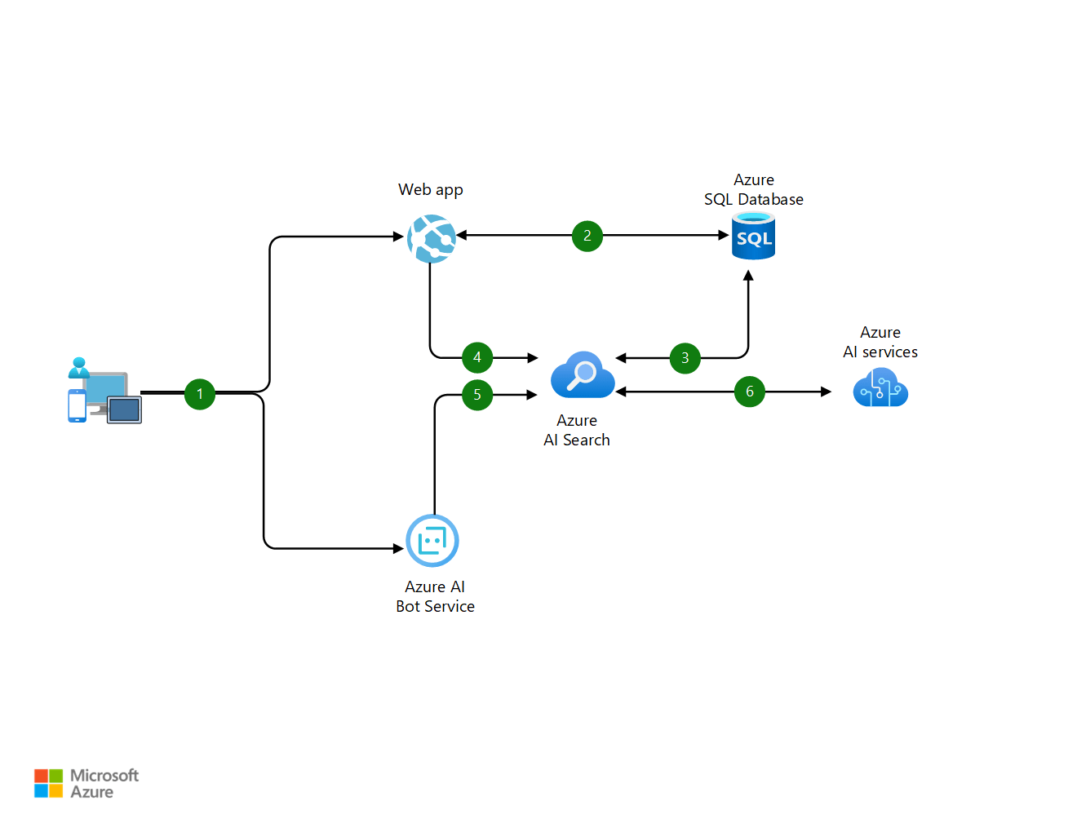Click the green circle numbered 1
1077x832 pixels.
pyautogui.click(x=200, y=394)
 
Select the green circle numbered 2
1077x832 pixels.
pyautogui.click(x=587, y=236)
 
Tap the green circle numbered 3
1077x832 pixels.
pyautogui.click(x=685, y=358)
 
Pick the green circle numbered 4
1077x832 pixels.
pyautogui.click(x=477, y=357)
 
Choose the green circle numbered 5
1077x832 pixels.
pyautogui.click(x=477, y=395)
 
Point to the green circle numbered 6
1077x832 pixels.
pyautogui.click(x=750, y=392)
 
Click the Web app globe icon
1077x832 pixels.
pyautogui.click(x=431, y=238)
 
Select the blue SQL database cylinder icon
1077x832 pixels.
pyautogui.click(x=753, y=237)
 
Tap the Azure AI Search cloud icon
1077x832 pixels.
pyautogui.click(x=582, y=376)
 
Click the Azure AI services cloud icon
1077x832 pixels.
pyautogui.click(x=880, y=388)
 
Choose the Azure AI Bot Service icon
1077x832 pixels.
pyautogui.click(x=432, y=541)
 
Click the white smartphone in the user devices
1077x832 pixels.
pyautogui.click(x=78, y=405)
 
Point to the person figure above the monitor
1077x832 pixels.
pyautogui.click(x=78, y=367)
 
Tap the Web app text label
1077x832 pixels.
pyautogui.click(x=431, y=190)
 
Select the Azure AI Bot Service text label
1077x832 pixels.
pyautogui.click(x=435, y=596)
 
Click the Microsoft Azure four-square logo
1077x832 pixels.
pyautogui.click(x=48, y=783)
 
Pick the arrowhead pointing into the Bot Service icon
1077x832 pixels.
pyautogui.click(x=399, y=548)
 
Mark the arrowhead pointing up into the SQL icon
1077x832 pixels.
pyautogui.click(x=748, y=276)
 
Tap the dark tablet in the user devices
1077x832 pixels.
pyautogui.click(x=124, y=409)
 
